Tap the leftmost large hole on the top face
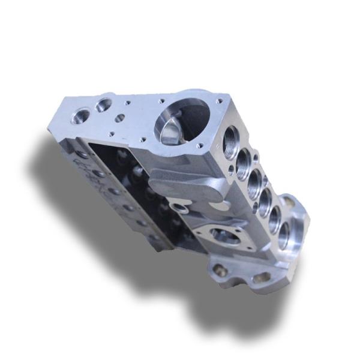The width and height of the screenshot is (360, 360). (x=80, y=115)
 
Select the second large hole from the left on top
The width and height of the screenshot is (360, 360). (x=103, y=106)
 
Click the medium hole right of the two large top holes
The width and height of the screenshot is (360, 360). (x=121, y=118)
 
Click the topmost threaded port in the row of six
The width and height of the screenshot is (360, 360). (x=231, y=143)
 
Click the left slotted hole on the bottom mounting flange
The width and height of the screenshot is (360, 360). (x=221, y=270)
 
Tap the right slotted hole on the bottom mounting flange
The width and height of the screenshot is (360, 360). (x=262, y=277)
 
